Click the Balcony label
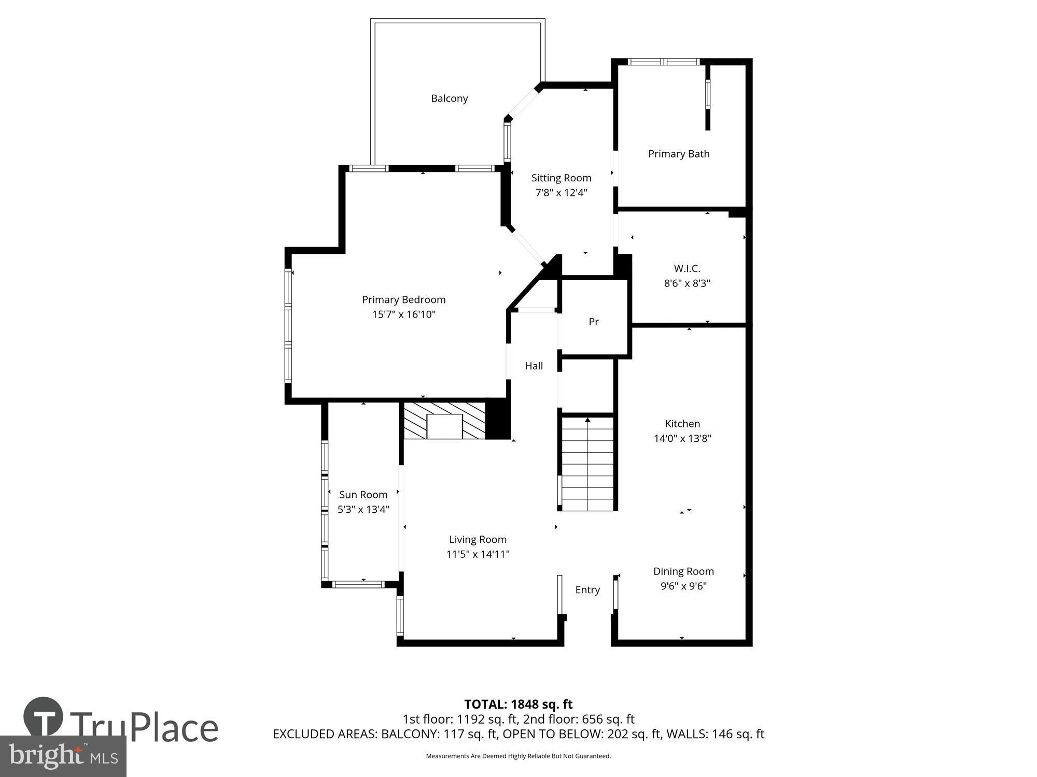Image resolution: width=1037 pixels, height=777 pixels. point(449,98)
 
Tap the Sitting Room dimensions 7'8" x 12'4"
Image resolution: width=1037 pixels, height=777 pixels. point(561,193)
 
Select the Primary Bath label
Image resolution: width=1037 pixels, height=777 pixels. point(678,154)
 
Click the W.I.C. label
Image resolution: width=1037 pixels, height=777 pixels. point(686,268)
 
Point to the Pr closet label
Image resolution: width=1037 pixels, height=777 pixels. point(594,322)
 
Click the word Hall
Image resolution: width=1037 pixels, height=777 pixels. point(534,366)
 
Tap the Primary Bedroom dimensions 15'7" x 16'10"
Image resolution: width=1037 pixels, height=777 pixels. point(403,314)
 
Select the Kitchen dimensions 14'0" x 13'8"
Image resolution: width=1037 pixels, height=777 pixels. point(682,439)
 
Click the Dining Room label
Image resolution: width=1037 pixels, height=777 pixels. point(683,571)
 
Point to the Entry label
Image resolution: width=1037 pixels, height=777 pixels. point(587,590)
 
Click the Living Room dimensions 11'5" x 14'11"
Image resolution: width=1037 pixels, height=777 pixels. point(478,554)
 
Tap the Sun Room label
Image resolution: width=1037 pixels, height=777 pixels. point(363,495)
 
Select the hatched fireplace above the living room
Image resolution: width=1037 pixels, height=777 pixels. point(444,421)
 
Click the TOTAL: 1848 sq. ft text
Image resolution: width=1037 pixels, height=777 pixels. point(518,704)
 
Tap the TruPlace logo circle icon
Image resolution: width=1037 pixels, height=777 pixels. point(44,717)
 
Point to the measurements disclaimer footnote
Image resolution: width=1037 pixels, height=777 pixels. point(518,756)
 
